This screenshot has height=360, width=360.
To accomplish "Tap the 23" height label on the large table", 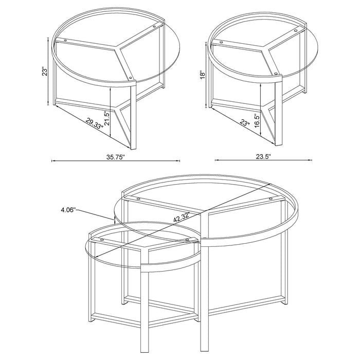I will coord(46,71).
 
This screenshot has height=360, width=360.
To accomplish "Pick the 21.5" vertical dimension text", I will coord(106,120).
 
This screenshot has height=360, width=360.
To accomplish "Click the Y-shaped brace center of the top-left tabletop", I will coord(119,49).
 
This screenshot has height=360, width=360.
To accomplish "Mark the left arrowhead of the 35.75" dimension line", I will coord(53,161).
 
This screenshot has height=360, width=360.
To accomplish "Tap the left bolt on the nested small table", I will coord(101,240).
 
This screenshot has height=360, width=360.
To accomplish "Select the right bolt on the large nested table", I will coord(271,199).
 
